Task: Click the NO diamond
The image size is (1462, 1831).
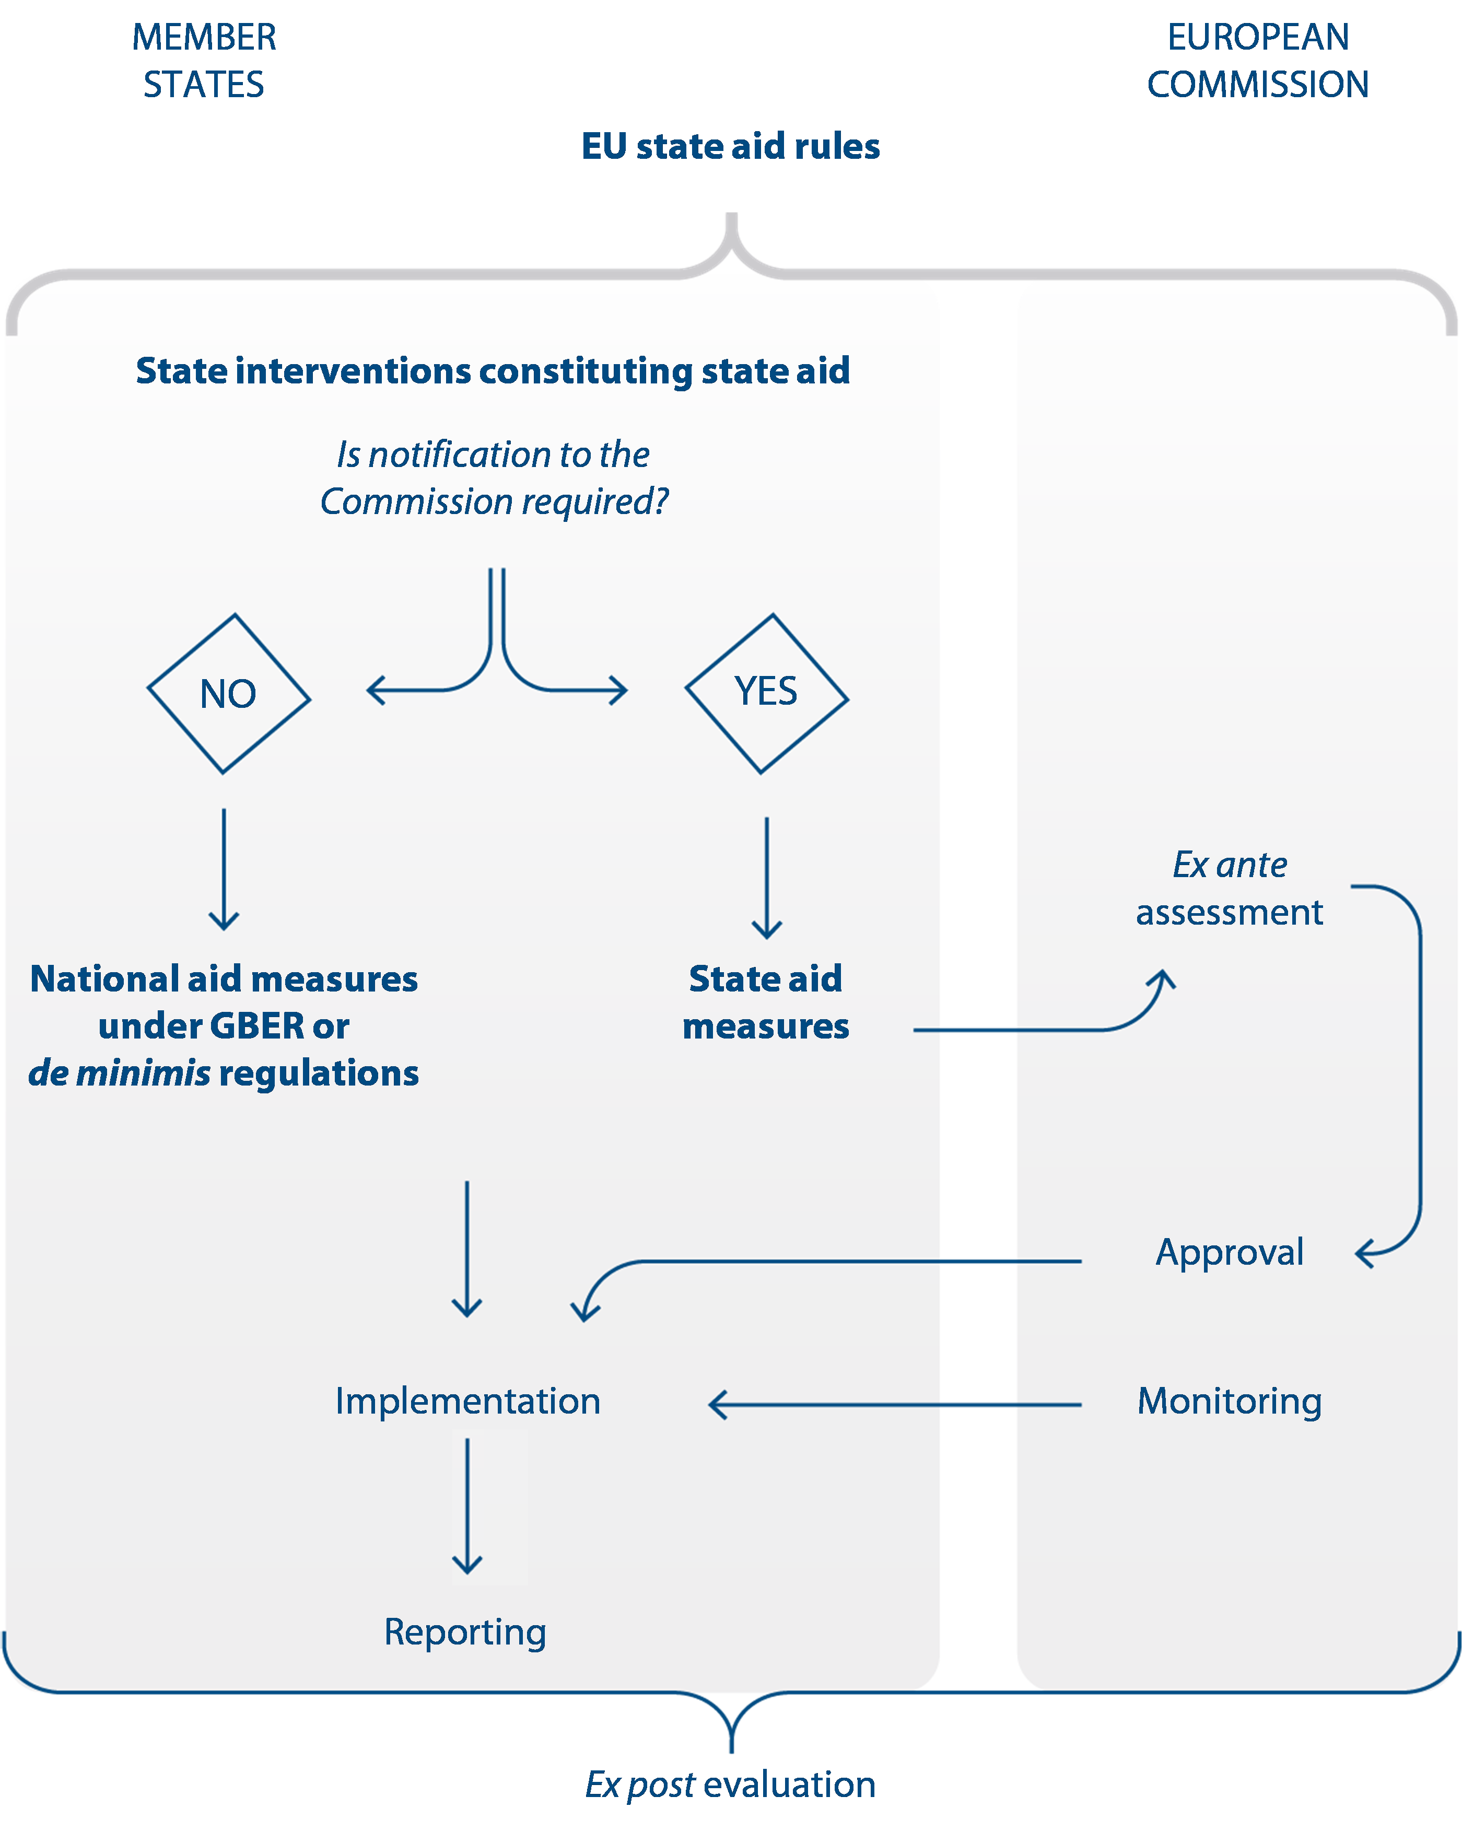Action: [x=228, y=694]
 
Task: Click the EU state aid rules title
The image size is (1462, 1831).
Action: [x=730, y=146]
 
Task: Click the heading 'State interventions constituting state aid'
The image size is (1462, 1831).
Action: [x=493, y=371]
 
